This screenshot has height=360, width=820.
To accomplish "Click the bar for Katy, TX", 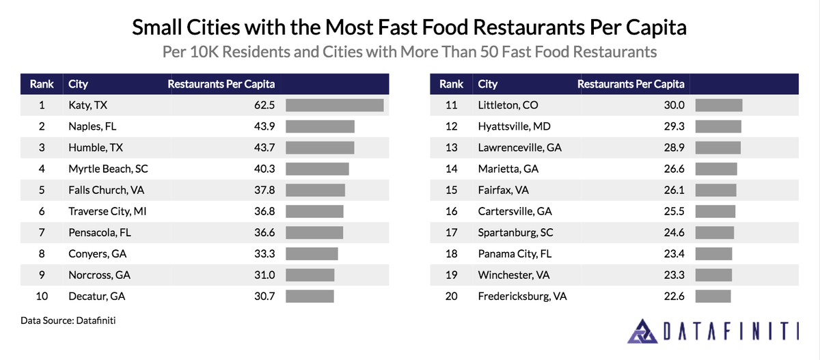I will (x=334, y=105).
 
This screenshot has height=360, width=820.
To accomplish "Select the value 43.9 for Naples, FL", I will (x=264, y=126).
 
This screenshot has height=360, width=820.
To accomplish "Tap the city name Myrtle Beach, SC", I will (x=108, y=169).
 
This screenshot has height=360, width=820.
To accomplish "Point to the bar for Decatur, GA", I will (x=310, y=296).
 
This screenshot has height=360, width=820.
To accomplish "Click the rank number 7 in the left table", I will (x=42, y=233).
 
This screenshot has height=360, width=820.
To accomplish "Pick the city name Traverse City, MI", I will (x=107, y=212).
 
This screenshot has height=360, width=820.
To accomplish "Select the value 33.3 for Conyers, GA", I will (x=264, y=254).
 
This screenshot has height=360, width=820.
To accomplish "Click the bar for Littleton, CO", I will (x=724, y=105).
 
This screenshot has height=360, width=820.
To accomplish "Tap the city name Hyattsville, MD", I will (x=514, y=126).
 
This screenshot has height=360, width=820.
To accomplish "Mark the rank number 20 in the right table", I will (x=451, y=296).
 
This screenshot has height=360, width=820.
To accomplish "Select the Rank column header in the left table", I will (x=42, y=84).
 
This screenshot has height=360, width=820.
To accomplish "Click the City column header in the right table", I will (x=487, y=84).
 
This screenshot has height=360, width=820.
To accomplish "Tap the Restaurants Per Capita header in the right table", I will (x=631, y=84).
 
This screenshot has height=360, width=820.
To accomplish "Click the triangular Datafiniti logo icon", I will (x=642, y=331).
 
